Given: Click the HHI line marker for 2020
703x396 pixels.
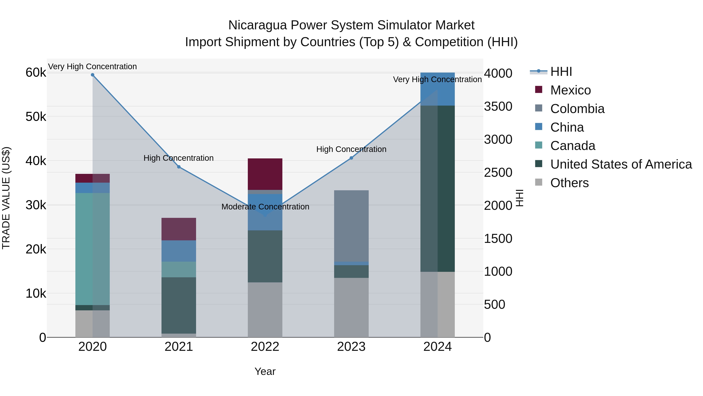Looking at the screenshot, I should pyautogui.click(x=93, y=75).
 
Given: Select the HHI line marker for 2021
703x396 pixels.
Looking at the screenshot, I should pyautogui.click(x=179, y=167).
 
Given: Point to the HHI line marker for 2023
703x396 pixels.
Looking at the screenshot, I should pyautogui.click(x=351, y=158).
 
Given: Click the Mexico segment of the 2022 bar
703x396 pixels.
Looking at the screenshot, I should pyautogui.click(x=265, y=174).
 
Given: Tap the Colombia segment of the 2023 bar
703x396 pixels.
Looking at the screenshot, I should pyautogui.click(x=351, y=226).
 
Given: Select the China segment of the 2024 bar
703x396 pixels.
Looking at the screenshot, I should pyautogui.click(x=437, y=89).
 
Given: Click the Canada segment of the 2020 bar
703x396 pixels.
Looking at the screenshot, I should pyautogui.click(x=93, y=249).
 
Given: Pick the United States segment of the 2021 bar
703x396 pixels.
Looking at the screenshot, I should pyautogui.click(x=179, y=305).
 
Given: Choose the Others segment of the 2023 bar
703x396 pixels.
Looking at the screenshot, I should pyautogui.click(x=351, y=307).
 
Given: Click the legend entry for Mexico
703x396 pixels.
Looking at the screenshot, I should pyautogui.click(x=570, y=90).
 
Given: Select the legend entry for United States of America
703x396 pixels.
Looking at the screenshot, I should pyautogui.click(x=621, y=164).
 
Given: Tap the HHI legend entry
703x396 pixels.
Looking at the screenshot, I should pyautogui.click(x=561, y=72).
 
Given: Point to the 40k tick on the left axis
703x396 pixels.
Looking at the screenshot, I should pyautogui.click(x=36, y=161).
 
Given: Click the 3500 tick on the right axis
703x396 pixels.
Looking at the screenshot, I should pyautogui.click(x=498, y=106).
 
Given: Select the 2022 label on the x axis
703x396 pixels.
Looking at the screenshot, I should pyautogui.click(x=265, y=347).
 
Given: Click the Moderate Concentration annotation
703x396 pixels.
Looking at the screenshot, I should pyautogui.click(x=265, y=207).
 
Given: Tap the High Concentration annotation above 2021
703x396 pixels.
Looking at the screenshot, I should pyautogui.click(x=178, y=158).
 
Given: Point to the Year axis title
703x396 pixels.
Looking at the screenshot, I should pyautogui.click(x=265, y=371).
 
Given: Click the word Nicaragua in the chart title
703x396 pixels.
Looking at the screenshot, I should pyautogui.click(x=257, y=25).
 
